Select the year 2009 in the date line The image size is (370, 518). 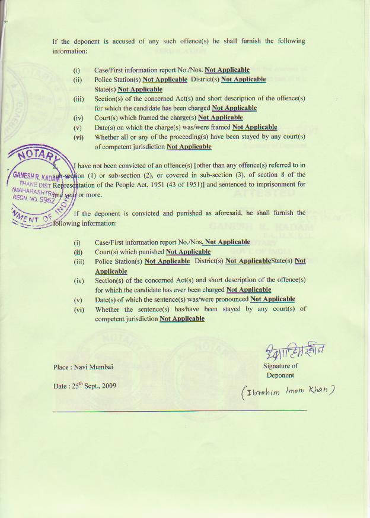pyautogui.click(x=107, y=386)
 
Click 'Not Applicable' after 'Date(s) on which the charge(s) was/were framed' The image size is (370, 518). pyautogui.click(x=254, y=127)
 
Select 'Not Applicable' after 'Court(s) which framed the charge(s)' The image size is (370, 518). pyautogui.click(x=220, y=118)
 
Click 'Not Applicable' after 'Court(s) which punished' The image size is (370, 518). pyautogui.click(x=188, y=252)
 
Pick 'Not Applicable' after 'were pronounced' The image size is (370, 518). pyautogui.click(x=272, y=299)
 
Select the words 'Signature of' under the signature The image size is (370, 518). pyautogui.click(x=280, y=366)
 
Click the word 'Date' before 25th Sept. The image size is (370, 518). pyautogui.click(x=60, y=386)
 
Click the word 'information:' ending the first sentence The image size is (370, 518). pyautogui.click(x=70, y=52)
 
